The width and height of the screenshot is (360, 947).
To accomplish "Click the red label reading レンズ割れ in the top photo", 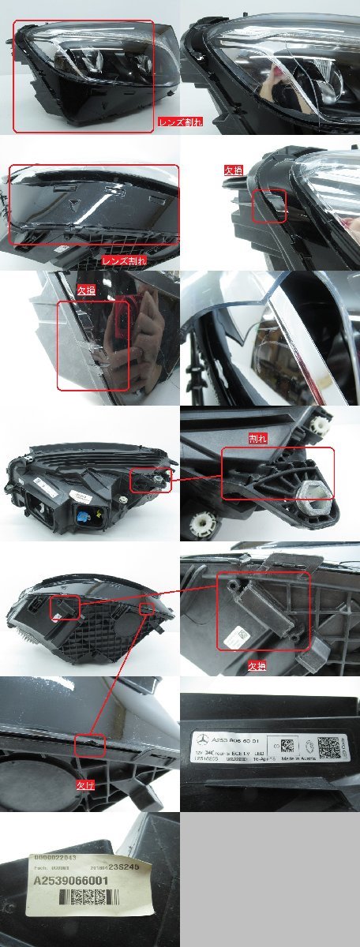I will [181, 122].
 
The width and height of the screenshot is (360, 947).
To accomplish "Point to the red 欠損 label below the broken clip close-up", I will [257, 665].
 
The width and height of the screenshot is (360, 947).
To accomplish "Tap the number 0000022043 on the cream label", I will [53, 858].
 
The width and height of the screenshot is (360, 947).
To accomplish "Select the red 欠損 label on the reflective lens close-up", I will [86, 290].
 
